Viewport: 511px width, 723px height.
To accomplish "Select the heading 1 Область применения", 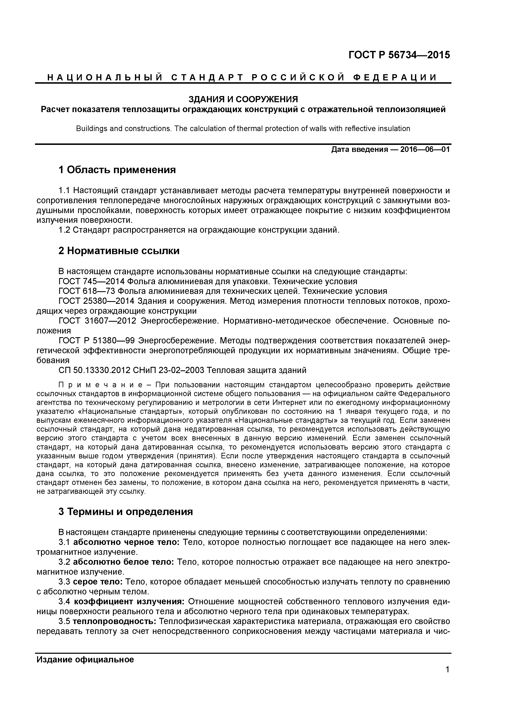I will [x=117, y=170].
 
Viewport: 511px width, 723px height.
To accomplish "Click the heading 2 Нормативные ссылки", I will [x=119, y=251].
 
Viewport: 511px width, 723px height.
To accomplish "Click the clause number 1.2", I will [x=64, y=230].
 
